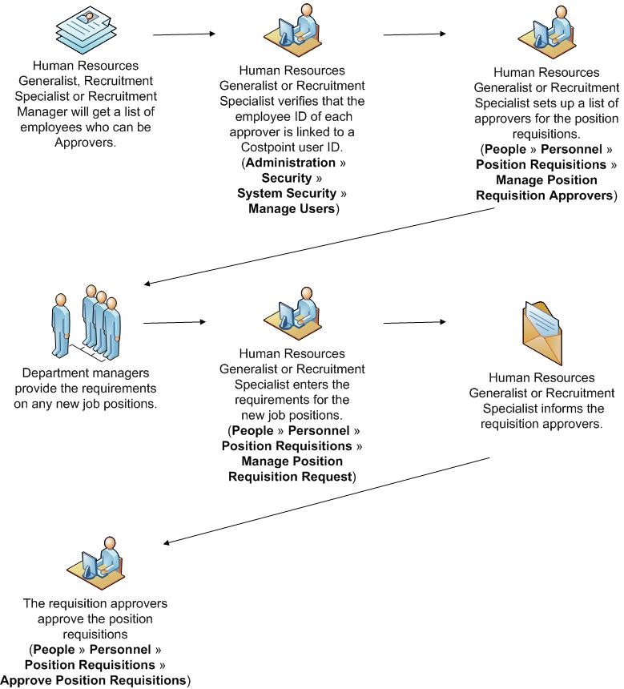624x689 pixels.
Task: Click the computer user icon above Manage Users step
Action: tap(292, 32)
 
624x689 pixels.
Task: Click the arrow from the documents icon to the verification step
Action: tap(184, 34)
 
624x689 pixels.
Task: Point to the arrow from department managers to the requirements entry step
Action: tap(174, 323)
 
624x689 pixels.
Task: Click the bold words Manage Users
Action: tap(292, 209)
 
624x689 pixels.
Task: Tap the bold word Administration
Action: tap(290, 163)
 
